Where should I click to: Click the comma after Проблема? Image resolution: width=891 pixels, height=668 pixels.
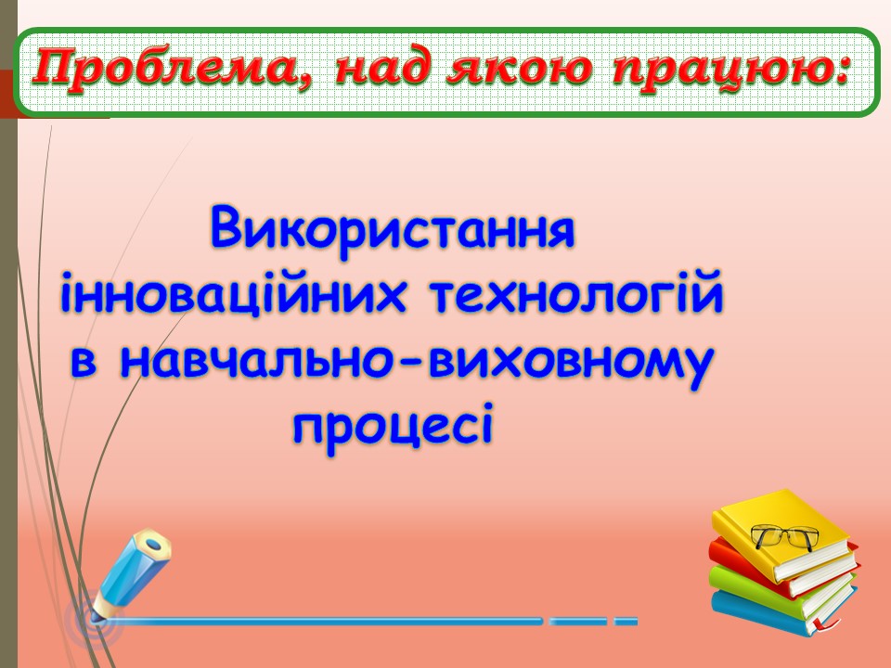(x=310, y=85)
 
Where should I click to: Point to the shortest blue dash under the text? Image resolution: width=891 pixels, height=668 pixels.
(x=626, y=620)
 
